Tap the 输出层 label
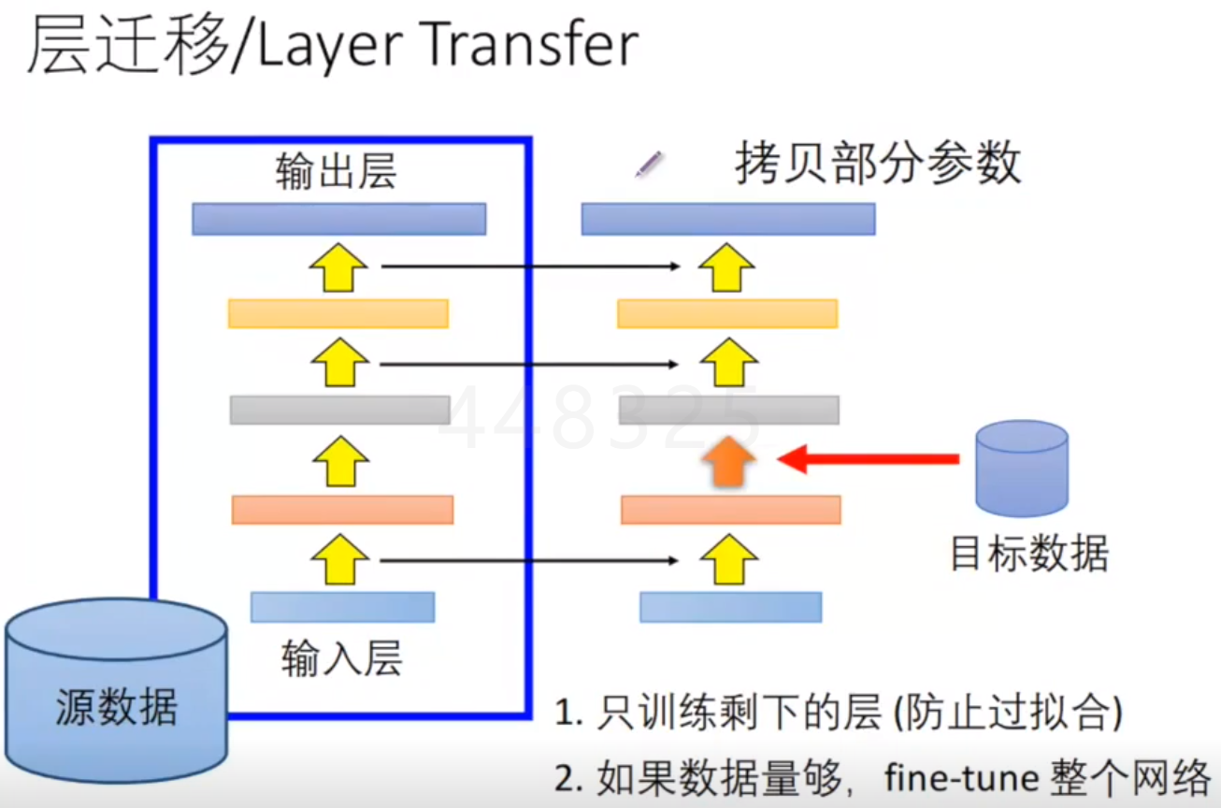[x=336, y=173]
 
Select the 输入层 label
[x=341, y=659]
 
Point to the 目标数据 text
[x=1029, y=554]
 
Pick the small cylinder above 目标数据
[x=1021, y=468]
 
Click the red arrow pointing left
[x=869, y=458]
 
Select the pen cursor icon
[x=649, y=166]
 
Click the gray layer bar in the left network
[x=339, y=410]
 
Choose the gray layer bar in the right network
[x=728, y=410]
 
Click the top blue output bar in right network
[x=727, y=219]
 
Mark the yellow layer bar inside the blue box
[x=338, y=313]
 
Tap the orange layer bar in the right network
[x=730, y=510]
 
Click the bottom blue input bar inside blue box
[x=342, y=607]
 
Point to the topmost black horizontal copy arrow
[x=530, y=267]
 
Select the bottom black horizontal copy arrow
[x=530, y=560]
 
